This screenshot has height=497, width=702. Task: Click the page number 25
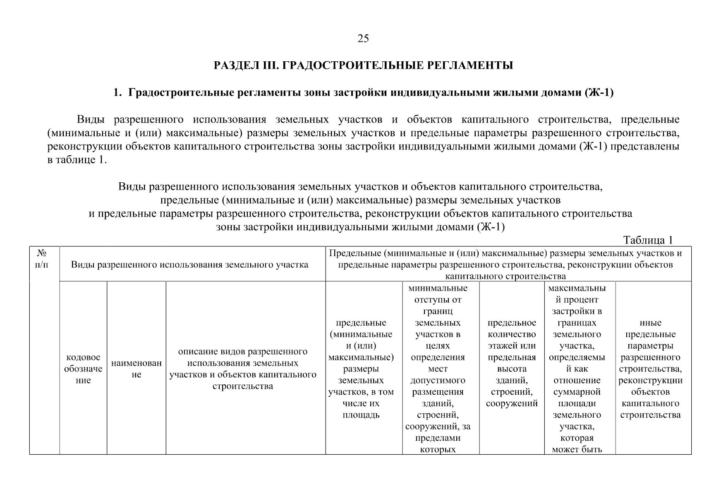tap(363, 39)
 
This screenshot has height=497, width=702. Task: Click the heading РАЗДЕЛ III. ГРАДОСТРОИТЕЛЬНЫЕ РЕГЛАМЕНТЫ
tap(363, 65)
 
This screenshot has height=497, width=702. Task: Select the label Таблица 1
tap(648, 240)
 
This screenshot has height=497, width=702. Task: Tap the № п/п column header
tap(42, 258)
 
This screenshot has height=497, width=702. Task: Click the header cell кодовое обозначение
tap(83, 369)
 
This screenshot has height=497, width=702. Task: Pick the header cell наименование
tap(136, 369)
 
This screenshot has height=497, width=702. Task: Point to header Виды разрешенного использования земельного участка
tap(190, 265)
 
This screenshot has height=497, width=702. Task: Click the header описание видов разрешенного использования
tap(243, 369)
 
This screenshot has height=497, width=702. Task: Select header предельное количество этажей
tap(512, 363)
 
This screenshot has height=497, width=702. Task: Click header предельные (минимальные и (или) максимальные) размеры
tap(361, 369)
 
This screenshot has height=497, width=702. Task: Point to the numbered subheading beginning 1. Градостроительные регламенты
tap(363, 93)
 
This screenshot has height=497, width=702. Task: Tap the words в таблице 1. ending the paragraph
tap(77, 160)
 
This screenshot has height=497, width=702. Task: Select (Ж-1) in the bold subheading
tap(599, 93)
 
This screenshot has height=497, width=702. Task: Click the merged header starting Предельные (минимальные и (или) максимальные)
tap(505, 265)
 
